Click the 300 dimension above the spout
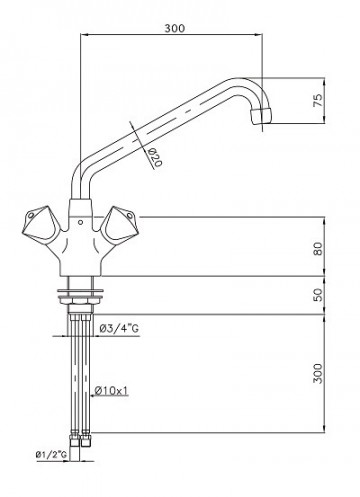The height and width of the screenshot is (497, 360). (172, 30)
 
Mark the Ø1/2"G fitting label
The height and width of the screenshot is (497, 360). (50, 455)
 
